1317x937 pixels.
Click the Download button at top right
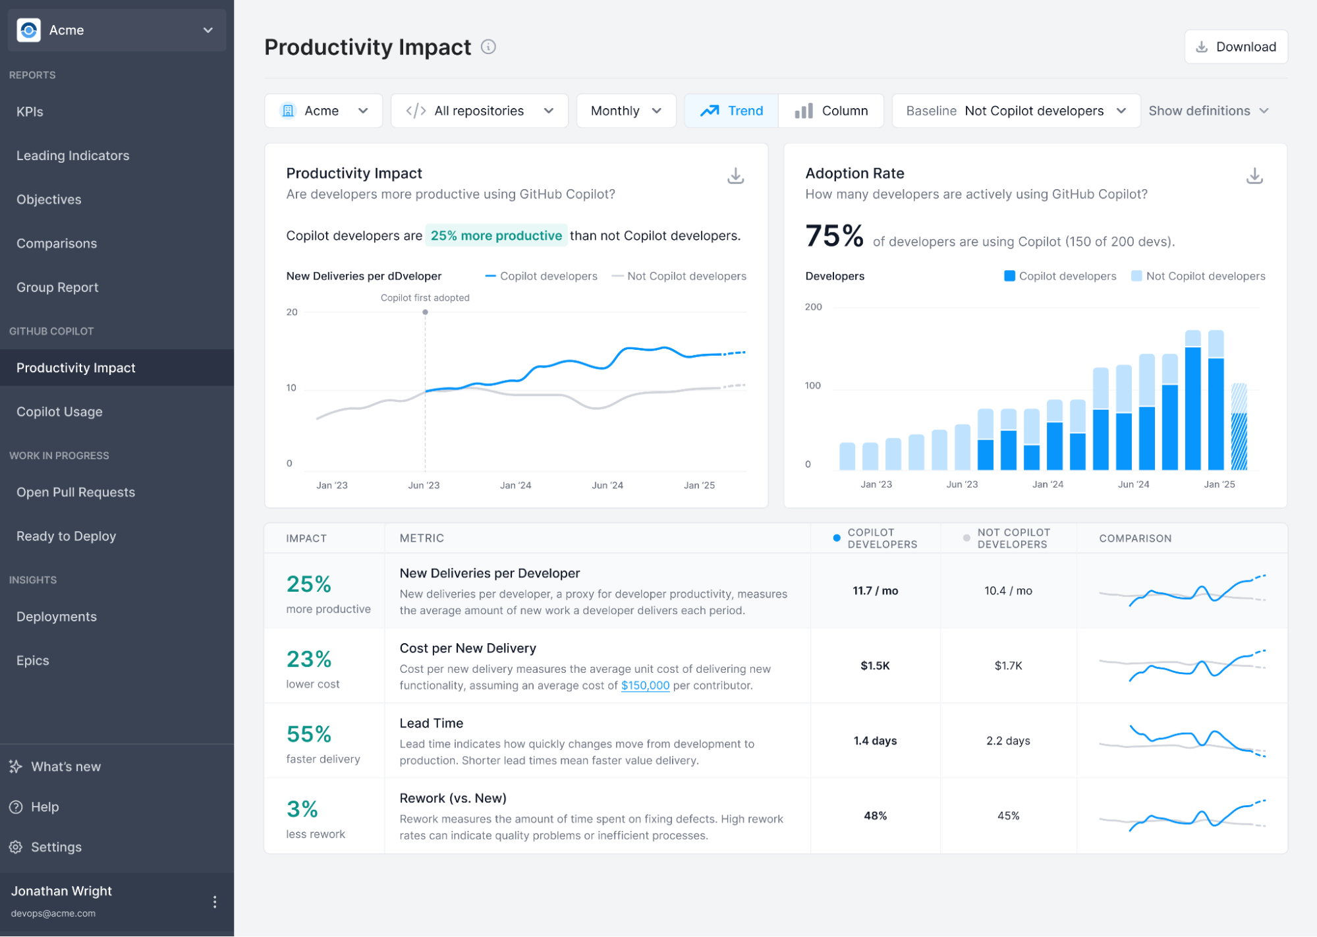[x=1235, y=47]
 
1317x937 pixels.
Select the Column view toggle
[x=831, y=111]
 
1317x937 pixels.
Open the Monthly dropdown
[x=625, y=111]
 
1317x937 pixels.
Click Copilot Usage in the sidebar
[x=59, y=412]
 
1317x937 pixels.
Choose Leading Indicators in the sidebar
[x=72, y=156]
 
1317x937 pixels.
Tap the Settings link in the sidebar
[x=56, y=847]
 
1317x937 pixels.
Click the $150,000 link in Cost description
[x=644, y=685]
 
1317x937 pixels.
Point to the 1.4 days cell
[x=874, y=741]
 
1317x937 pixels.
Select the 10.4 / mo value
[x=1007, y=591]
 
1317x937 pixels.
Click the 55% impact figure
[x=308, y=734]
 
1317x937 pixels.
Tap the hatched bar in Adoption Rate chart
[x=1239, y=428]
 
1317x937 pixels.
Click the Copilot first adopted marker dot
[x=425, y=312]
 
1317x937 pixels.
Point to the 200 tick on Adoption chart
[x=813, y=307]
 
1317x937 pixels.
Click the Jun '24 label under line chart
[x=607, y=486]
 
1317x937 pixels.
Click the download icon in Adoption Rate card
[x=1254, y=176]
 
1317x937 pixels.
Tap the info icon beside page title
[x=488, y=47]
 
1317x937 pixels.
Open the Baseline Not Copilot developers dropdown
[x=1015, y=111]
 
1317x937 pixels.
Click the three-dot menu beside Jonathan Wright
[x=214, y=902]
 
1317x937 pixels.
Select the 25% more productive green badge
[x=495, y=236]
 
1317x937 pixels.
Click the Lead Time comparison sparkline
[x=1182, y=741]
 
